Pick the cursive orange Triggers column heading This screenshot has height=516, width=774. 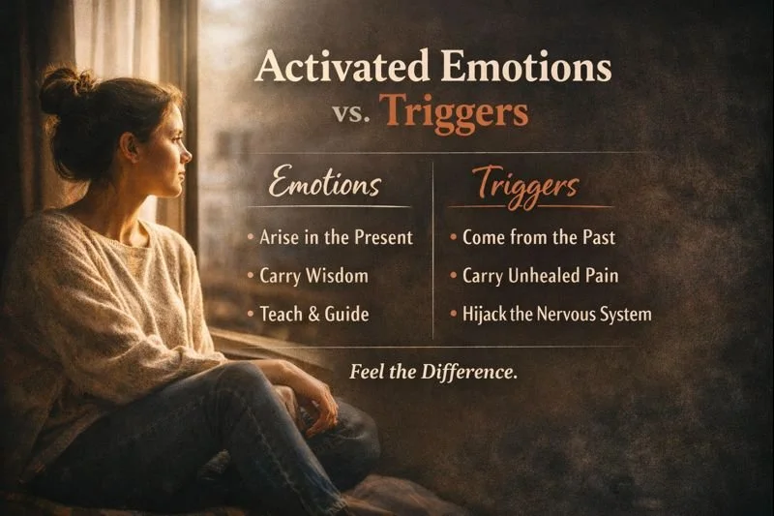[528, 185]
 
